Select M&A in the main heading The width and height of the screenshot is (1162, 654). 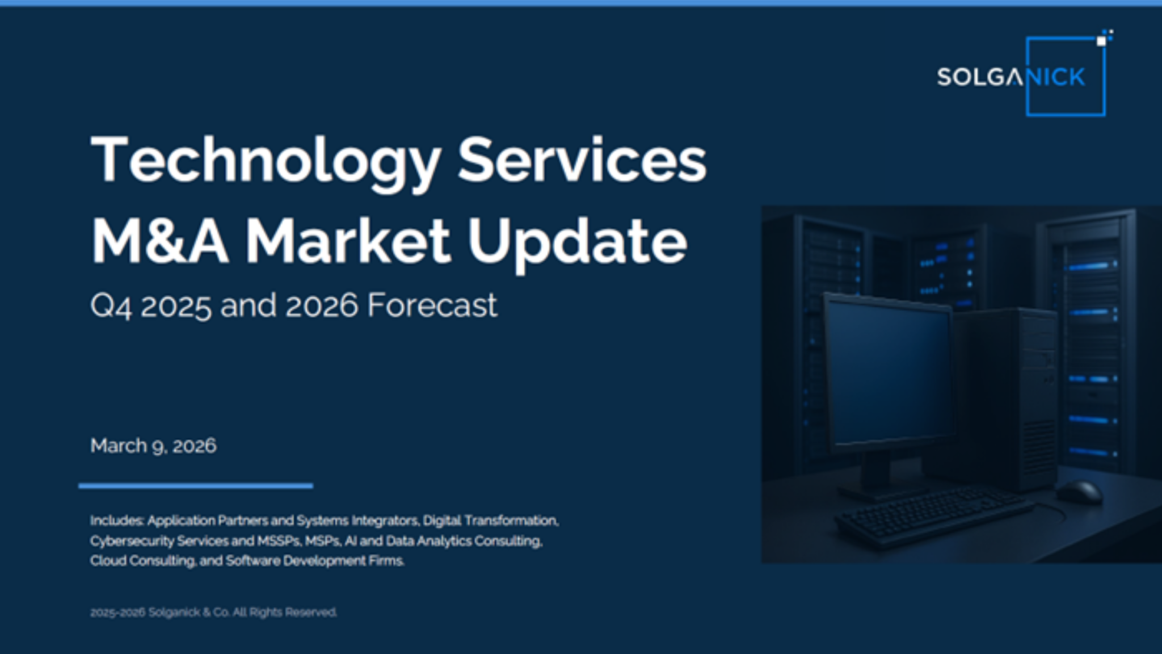click(160, 241)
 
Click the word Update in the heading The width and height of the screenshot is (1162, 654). click(577, 245)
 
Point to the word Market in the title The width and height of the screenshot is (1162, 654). click(348, 241)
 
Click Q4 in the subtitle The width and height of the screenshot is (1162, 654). click(111, 307)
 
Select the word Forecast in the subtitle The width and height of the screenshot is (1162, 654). click(432, 305)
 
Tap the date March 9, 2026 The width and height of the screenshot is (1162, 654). click(153, 446)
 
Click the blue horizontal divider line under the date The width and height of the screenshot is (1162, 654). click(196, 486)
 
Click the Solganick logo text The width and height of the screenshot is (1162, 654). click(1011, 77)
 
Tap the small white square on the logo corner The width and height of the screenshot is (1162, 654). click(1101, 41)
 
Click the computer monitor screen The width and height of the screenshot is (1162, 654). click(888, 372)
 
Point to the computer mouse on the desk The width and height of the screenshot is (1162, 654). click(1079, 491)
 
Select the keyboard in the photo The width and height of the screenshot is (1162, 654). click(933, 514)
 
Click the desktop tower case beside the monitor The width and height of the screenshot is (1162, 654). click(1007, 397)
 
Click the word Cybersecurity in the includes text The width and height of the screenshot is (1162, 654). click(132, 541)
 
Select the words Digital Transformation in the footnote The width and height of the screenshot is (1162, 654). click(491, 521)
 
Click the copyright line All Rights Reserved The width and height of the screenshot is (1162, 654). click(285, 613)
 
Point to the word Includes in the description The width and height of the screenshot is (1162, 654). click(117, 521)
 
